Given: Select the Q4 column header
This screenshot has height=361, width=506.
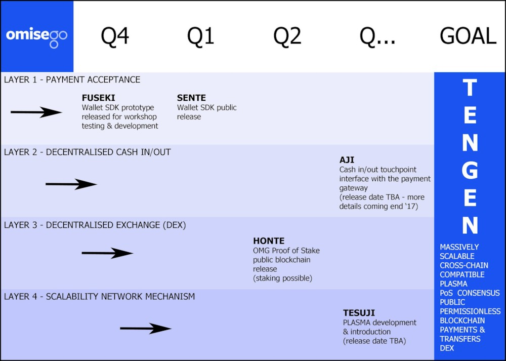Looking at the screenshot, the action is (115, 35).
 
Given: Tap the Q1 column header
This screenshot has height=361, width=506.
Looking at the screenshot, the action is (200, 35).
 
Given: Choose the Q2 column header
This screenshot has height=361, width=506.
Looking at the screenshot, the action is (287, 35).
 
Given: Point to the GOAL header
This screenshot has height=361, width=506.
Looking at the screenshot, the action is (468, 35).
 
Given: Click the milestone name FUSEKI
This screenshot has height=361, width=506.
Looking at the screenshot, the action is (99, 98).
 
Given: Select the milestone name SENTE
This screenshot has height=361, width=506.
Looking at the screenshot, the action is (191, 98).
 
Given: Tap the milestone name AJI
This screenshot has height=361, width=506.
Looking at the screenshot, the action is (347, 160).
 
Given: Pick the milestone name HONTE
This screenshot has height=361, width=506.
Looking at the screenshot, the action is (269, 241).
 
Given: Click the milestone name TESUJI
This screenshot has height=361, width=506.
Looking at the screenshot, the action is (359, 313).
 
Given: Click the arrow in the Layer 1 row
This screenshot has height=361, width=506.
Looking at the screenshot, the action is (36, 112).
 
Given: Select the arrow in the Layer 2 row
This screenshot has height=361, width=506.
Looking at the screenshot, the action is (71, 184).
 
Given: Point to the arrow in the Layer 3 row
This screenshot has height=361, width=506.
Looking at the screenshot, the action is (107, 253).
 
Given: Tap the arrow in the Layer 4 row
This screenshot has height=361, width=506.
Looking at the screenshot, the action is (146, 329).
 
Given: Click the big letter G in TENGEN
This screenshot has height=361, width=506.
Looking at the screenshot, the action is (470, 170).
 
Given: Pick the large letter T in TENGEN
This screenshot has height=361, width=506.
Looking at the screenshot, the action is (470, 87).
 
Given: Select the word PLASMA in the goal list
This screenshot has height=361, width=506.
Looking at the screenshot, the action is (453, 284).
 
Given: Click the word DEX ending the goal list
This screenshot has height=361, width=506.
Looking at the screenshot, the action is (447, 348).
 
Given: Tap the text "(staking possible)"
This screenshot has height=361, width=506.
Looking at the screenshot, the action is (283, 278).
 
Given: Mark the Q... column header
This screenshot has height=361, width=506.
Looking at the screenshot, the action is (377, 35).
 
